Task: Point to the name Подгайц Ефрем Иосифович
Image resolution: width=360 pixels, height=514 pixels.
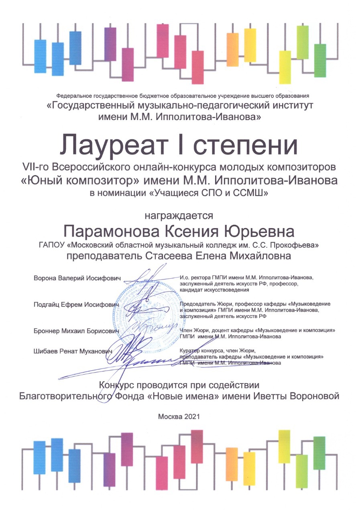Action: (77, 305)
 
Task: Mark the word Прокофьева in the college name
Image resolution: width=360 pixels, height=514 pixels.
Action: (299, 245)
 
